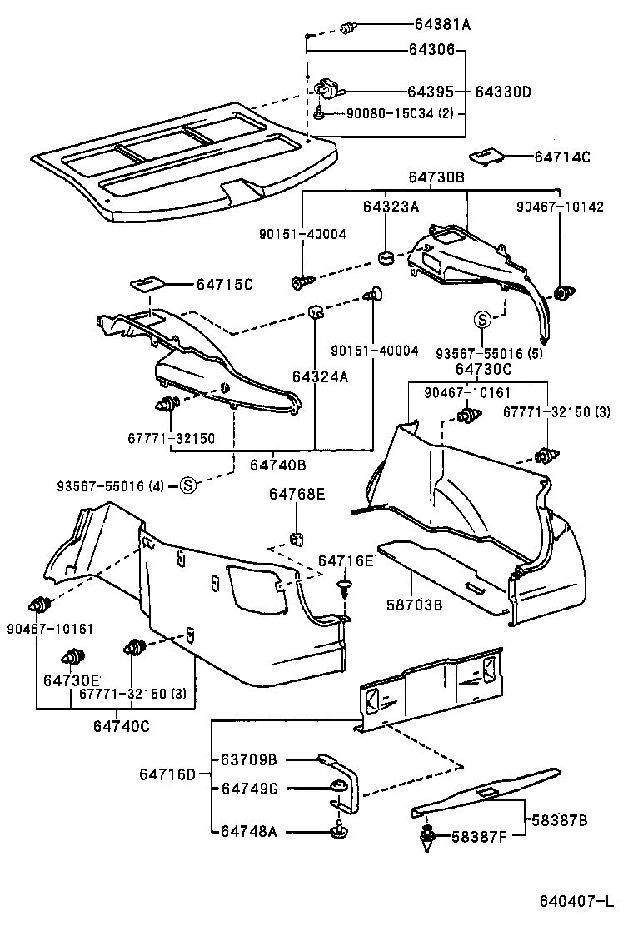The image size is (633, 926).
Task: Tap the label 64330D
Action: tap(502, 92)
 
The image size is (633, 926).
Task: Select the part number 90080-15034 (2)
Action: tap(401, 113)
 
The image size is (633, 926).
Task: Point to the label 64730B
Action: tap(436, 177)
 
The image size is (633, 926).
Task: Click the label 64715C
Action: tap(224, 285)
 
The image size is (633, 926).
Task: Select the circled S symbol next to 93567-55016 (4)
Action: tap(188, 485)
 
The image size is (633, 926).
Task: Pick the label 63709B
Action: tap(248, 759)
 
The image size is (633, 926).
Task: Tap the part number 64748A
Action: tap(248, 830)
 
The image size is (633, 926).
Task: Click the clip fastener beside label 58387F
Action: tap(430, 836)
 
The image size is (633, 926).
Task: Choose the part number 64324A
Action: tap(320, 376)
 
